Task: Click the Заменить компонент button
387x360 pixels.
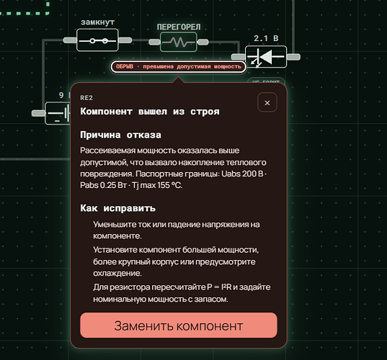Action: (179, 325)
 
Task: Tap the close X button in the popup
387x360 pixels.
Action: (267, 102)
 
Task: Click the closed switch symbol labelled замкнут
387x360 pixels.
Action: (97, 40)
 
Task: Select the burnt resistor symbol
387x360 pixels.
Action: (179, 42)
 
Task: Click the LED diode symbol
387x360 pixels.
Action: (266, 57)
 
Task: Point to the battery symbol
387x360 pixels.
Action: (58, 113)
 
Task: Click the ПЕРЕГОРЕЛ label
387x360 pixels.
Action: (179, 27)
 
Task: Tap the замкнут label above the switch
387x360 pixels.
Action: (98, 22)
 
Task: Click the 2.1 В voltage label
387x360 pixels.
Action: (266, 38)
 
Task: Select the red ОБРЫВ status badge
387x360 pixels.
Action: (179, 66)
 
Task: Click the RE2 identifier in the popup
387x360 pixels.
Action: (86, 98)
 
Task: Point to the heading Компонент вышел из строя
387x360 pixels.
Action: (150, 112)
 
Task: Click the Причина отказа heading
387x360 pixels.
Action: (120, 135)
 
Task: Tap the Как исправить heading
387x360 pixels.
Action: (118, 208)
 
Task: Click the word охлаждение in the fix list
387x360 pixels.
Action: (117, 273)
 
